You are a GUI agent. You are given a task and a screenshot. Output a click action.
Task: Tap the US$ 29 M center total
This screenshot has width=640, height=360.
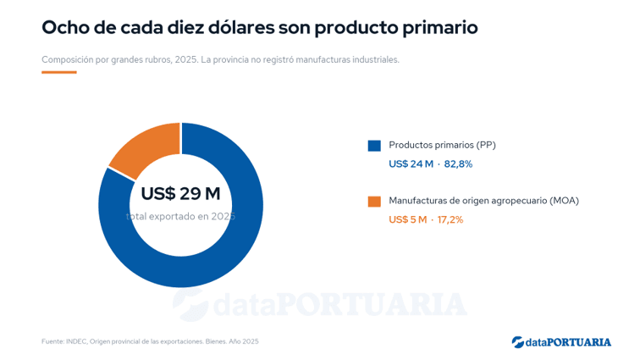click(x=180, y=193)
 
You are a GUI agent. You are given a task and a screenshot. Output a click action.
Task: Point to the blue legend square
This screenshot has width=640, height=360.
click(x=374, y=146)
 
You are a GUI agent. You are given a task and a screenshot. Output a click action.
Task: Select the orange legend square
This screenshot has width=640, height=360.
click(x=374, y=202)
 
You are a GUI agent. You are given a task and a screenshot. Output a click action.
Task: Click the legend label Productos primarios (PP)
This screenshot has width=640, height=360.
click(x=442, y=145)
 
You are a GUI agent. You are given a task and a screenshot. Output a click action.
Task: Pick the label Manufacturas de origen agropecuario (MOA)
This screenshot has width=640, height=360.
click(x=483, y=201)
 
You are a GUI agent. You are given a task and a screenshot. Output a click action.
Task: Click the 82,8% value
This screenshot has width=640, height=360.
click(x=458, y=164)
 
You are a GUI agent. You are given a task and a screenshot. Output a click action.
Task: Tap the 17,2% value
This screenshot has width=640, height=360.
click(x=450, y=220)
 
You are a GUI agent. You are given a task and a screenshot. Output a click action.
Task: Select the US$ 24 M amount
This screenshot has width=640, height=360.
click(x=411, y=164)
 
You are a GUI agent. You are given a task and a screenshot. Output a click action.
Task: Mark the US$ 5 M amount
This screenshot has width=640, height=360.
click(x=408, y=220)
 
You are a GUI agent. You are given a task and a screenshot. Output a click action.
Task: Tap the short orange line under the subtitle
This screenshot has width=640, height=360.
click(x=59, y=72)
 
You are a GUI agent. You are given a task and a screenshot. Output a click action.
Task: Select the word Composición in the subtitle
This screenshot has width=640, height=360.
click(x=68, y=60)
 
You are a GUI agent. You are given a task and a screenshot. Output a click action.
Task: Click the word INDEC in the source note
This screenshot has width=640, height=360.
click(x=76, y=341)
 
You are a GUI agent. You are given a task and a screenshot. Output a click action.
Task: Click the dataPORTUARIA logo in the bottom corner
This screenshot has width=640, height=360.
click(x=561, y=342)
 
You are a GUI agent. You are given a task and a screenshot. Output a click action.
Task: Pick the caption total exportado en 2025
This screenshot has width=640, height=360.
click(x=180, y=216)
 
